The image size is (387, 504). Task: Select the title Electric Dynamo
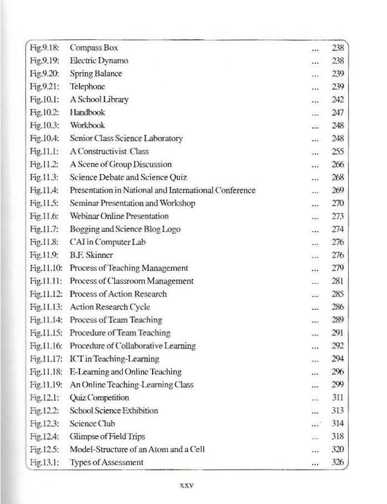(99, 60)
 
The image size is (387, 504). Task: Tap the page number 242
(338, 100)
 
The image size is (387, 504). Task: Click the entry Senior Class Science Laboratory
(126, 139)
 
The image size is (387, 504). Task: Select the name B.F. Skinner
(91, 255)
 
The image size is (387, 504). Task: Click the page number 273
(338, 216)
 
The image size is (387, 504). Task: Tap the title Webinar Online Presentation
(119, 216)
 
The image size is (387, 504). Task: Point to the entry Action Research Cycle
(110, 307)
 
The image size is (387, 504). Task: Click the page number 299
(338, 385)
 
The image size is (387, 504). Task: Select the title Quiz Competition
(99, 398)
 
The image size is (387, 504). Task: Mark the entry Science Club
(92, 424)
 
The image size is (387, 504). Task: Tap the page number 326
(338, 462)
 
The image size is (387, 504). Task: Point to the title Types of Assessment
(107, 462)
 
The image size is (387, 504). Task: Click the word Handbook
(87, 113)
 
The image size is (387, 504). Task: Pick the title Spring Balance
(96, 74)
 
